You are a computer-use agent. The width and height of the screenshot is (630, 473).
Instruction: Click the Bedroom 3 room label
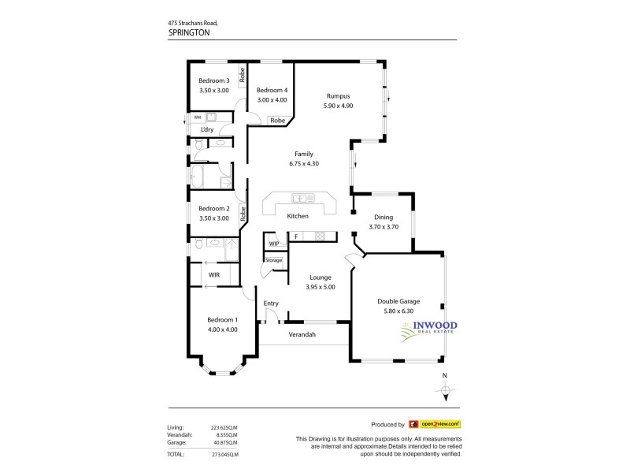[x=213, y=80]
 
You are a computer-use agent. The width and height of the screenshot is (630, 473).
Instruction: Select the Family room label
[x=304, y=154]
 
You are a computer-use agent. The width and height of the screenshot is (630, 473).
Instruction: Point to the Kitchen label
[x=298, y=216]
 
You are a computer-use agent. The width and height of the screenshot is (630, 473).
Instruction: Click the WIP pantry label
[x=273, y=244]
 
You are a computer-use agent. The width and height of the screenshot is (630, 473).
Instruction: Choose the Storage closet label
[x=273, y=259]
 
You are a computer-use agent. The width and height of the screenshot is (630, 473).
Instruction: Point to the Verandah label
[x=302, y=335]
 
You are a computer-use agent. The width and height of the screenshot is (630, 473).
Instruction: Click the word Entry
[x=271, y=304]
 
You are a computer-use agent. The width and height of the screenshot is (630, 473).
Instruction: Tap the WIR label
[x=213, y=274]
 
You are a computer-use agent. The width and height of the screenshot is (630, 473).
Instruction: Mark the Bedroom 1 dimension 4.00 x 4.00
[x=221, y=329]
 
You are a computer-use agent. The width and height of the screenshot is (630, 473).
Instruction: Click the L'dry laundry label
[x=208, y=129]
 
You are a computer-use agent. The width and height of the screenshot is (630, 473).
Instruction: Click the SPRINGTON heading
[x=191, y=35]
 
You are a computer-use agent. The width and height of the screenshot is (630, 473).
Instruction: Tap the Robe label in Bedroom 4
[x=277, y=121]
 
